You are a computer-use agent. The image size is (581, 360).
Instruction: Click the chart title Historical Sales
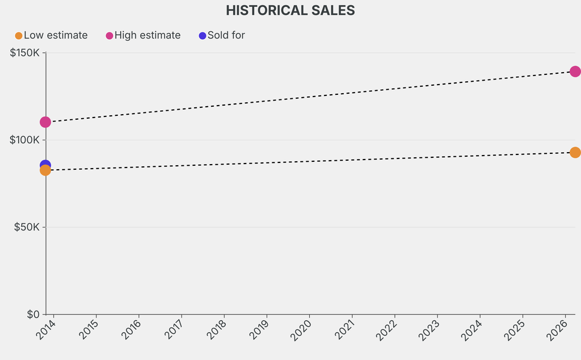tap(290, 11)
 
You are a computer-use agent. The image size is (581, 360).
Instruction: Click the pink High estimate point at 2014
tap(45, 122)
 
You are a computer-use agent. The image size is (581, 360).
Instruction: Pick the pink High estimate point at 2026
tap(575, 72)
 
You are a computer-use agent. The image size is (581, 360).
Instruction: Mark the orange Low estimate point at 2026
tap(575, 152)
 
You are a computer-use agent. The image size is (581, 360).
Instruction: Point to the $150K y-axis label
tap(25, 53)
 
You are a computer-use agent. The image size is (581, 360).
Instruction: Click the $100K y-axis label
tap(25, 140)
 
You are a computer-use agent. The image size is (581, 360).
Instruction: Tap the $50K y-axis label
tap(27, 227)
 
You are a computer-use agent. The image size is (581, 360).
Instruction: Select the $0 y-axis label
tap(33, 314)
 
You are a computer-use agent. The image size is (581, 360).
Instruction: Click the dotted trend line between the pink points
tap(310, 97)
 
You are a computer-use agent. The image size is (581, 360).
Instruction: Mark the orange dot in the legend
tap(19, 36)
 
